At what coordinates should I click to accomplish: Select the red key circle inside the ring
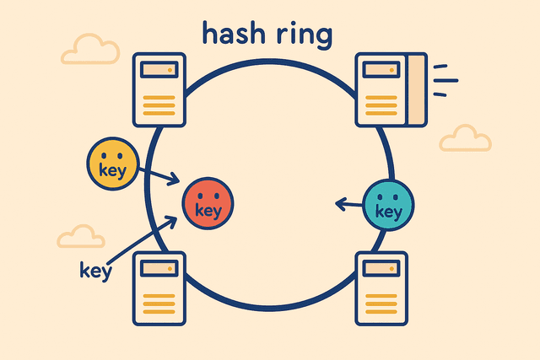(x=208, y=203)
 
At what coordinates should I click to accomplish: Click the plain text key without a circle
(x=95, y=271)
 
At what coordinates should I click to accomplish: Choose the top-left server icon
(x=159, y=89)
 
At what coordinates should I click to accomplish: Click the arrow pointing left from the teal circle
(x=349, y=202)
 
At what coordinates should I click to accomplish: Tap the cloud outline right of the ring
(x=465, y=137)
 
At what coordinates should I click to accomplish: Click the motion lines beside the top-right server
(x=445, y=76)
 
